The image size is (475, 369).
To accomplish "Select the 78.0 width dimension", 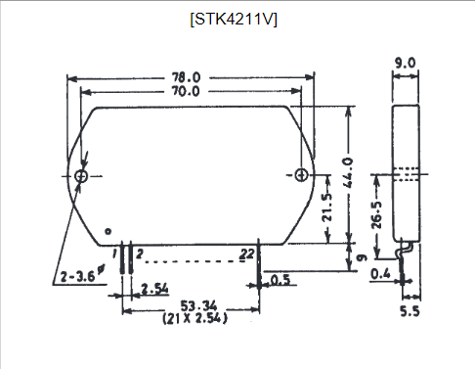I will pyautogui.click(x=187, y=76).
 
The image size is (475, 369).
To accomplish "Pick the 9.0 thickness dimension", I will pyautogui.click(x=406, y=64).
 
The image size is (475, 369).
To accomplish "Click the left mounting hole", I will pyautogui.click(x=81, y=176).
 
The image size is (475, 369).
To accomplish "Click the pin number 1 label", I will pyautogui.click(x=117, y=254).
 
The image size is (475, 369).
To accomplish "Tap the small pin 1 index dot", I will pyautogui.click(x=108, y=232).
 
